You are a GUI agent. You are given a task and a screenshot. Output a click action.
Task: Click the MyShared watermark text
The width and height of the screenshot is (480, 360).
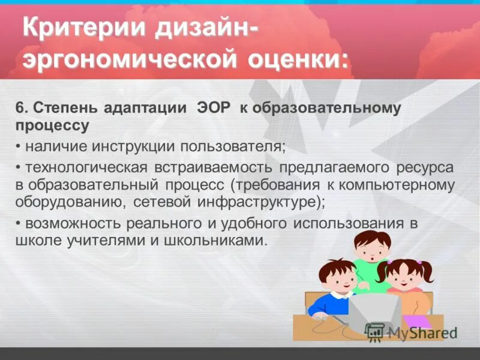420,333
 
